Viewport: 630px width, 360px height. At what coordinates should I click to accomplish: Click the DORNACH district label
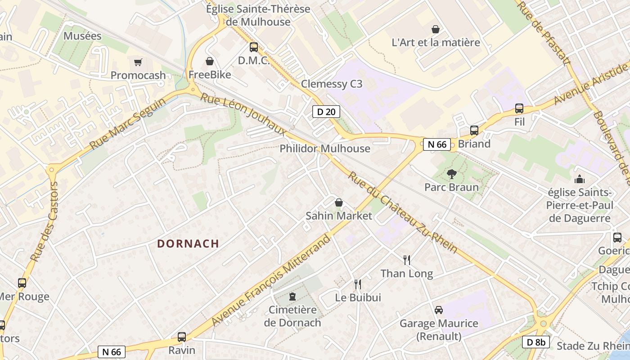[188, 244]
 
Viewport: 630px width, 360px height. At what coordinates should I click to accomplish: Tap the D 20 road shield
[326, 112]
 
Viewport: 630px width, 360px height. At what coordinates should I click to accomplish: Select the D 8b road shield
[535, 342]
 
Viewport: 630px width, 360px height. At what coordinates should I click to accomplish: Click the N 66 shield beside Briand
[437, 144]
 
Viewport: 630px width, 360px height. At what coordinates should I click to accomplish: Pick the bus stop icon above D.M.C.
[254, 47]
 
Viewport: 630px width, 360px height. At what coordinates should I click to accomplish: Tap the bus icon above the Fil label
[519, 108]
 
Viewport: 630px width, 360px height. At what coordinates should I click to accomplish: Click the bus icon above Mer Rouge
[22, 283]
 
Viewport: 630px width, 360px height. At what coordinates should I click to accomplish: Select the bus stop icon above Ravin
[182, 337]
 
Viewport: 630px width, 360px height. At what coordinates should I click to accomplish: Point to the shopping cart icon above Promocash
[138, 62]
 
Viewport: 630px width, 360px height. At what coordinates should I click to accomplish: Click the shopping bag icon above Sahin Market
[339, 203]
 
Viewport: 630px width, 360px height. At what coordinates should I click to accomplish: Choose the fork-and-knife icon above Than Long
[407, 260]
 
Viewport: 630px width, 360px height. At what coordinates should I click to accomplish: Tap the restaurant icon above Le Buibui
[358, 284]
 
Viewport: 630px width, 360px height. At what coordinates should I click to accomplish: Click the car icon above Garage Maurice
[438, 310]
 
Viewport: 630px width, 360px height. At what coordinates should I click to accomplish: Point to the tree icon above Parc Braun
[451, 174]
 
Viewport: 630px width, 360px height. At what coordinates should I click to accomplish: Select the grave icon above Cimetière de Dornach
[292, 297]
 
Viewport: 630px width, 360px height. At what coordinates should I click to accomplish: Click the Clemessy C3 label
[332, 84]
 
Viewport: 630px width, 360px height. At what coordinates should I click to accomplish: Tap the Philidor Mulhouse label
[325, 148]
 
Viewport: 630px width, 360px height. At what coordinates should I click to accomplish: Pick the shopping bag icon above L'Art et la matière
[436, 29]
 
